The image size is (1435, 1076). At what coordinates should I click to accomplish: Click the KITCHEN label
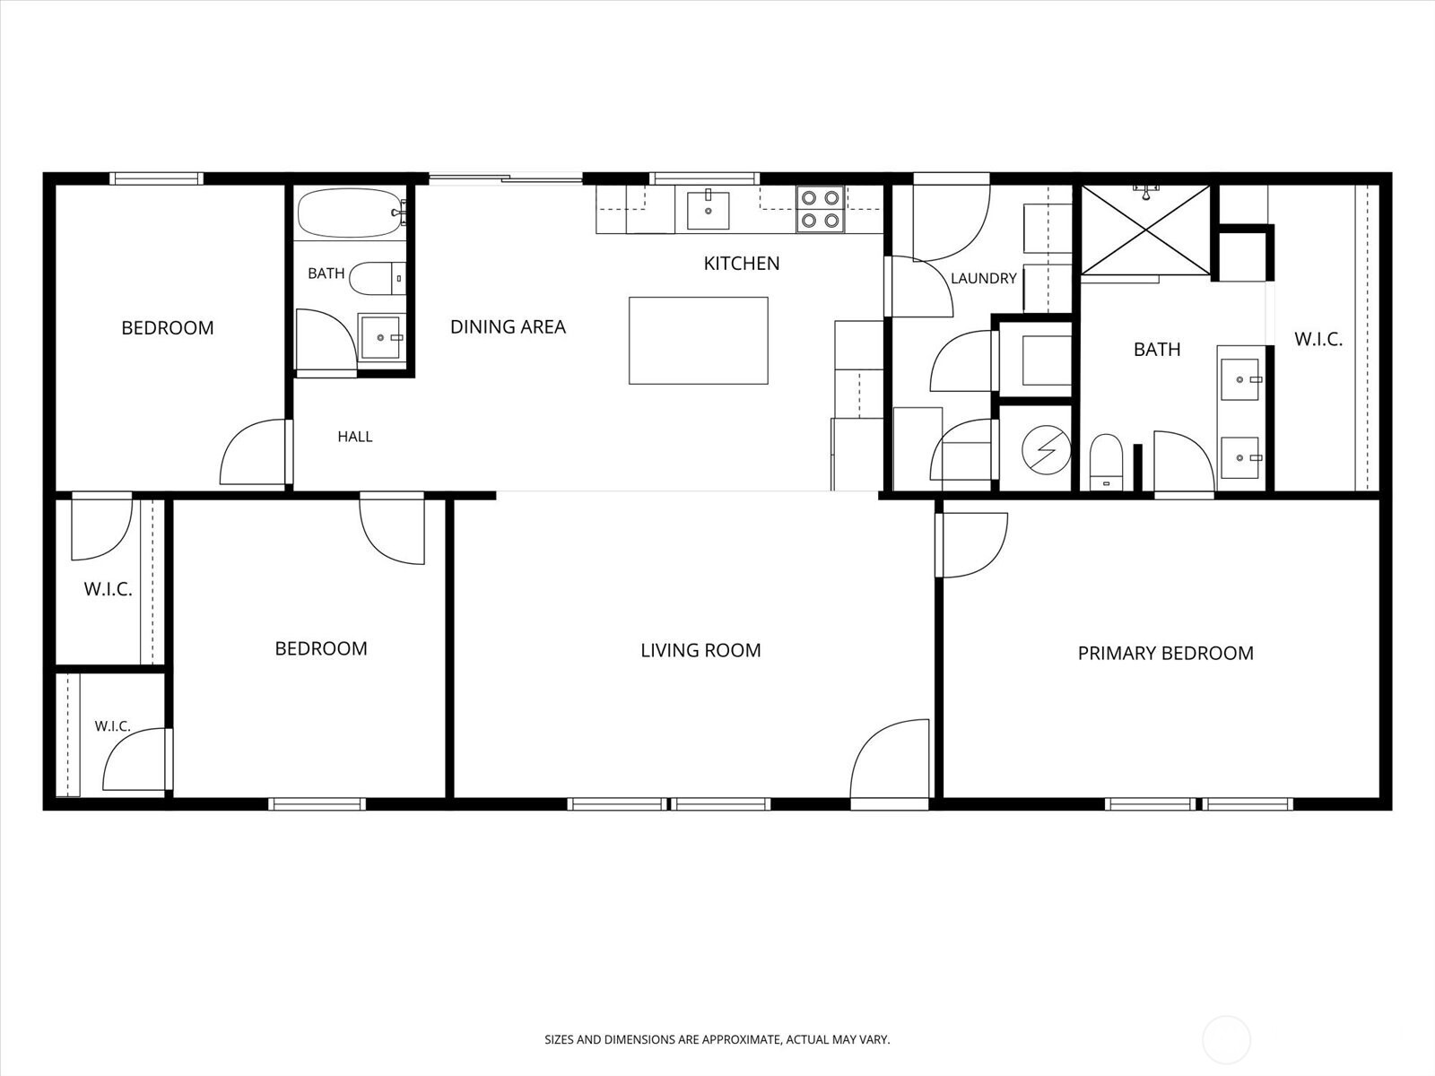coord(742,264)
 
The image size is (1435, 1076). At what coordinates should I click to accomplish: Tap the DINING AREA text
coord(508,326)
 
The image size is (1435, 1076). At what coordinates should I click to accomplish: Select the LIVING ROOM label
coord(700,650)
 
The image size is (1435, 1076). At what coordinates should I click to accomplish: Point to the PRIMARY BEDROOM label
coord(1166,654)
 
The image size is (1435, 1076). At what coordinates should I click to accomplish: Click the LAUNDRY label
coord(984,278)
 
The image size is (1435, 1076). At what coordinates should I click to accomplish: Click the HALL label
coord(355,437)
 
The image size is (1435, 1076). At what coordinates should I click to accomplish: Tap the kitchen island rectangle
coord(698,341)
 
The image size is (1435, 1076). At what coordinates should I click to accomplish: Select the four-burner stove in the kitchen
coord(821,209)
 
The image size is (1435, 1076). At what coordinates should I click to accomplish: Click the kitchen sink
coord(708,210)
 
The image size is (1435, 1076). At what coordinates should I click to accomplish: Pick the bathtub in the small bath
coord(352,213)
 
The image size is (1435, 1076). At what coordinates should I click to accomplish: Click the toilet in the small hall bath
coord(378,279)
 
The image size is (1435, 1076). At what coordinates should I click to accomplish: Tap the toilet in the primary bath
coord(1106,461)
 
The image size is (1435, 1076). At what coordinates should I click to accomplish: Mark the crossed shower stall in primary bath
coord(1146,230)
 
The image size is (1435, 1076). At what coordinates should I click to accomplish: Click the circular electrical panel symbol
coord(1046,449)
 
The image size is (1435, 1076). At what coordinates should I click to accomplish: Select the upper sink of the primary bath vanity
coord(1240,379)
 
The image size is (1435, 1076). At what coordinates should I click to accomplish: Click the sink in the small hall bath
coord(380,337)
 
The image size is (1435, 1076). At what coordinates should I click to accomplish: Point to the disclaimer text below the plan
coord(717,1039)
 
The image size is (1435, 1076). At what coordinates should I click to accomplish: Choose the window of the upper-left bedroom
coord(156,178)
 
